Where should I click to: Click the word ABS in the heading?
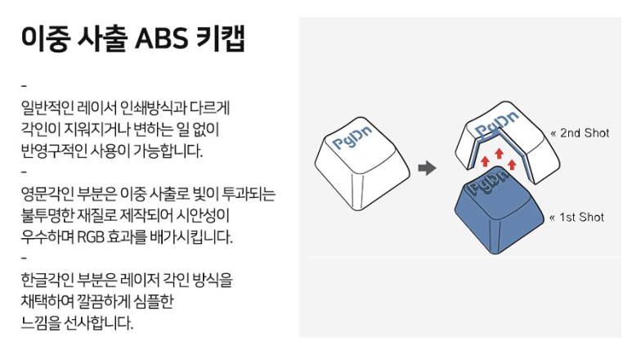coord(161,38)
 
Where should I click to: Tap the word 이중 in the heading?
coord(45,38)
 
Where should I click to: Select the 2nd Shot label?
coord(580,133)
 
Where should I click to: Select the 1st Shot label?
coord(577,218)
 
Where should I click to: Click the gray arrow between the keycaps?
coord(428,168)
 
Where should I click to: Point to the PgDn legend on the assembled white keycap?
coord(352,137)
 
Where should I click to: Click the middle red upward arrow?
coord(499,154)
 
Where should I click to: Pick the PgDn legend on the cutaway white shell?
coord(496,124)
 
